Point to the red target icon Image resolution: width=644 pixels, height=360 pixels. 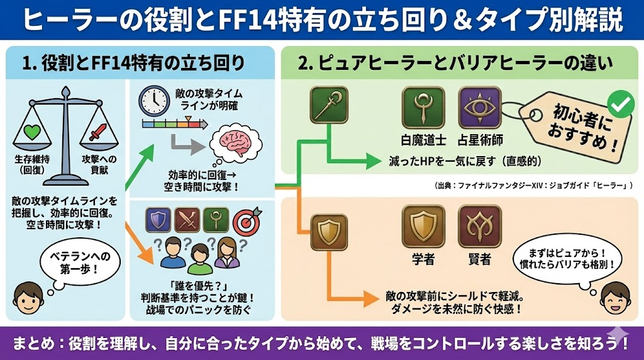246,220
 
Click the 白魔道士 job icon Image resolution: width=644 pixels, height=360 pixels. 423,107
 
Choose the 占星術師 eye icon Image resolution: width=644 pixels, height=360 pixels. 479,107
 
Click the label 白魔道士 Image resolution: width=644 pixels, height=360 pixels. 423,140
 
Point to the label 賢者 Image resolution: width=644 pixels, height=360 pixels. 479,259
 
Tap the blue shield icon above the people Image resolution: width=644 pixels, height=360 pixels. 158,220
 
